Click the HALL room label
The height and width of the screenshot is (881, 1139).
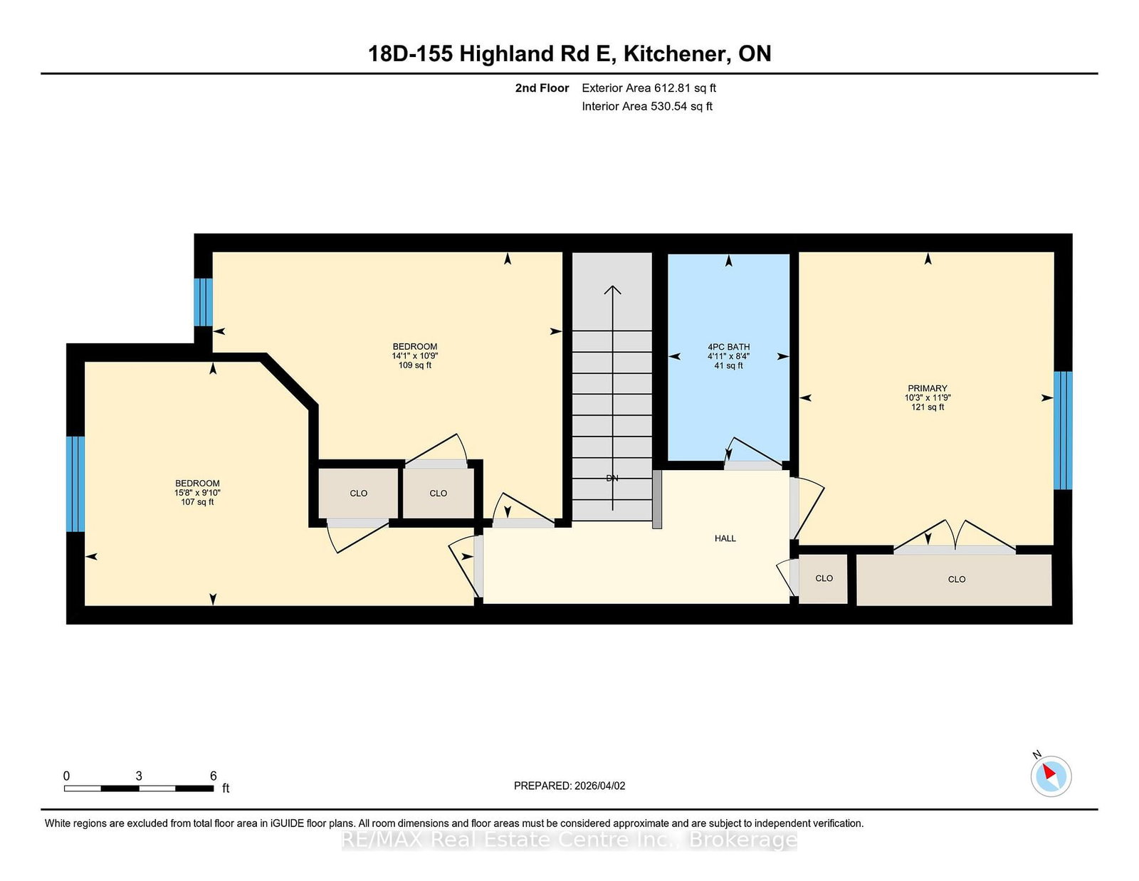tap(725, 538)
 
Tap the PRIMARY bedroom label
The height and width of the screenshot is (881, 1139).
tap(928, 388)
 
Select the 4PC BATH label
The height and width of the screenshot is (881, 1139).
tap(728, 347)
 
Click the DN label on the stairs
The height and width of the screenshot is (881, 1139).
tap(612, 478)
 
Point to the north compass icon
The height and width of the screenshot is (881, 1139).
tap(1051, 776)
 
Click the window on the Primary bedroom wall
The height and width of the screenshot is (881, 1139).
tap(1063, 430)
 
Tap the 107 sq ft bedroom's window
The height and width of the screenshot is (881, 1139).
tap(75, 484)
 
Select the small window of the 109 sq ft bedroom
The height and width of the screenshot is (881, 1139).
tap(204, 302)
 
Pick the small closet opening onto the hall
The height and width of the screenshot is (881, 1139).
tap(823, 578)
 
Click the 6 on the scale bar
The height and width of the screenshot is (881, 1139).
tap(214, 776)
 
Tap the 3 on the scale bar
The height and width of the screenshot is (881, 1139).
tap(139, 776)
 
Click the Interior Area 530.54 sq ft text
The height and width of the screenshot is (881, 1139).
tap(647, 106)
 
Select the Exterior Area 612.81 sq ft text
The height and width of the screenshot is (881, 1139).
tap(649, 88)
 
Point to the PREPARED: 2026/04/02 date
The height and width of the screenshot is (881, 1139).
tap(569, 786)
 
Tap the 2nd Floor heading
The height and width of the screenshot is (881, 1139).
tap(542, 88)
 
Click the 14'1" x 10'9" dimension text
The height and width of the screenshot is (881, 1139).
tap(414, 355)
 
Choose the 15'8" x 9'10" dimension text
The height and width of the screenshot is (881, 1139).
tap(197, 492)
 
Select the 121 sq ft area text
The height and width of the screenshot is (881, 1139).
tap(928, 407)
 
